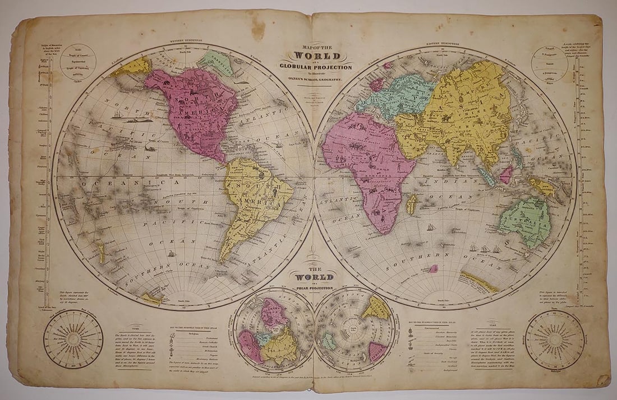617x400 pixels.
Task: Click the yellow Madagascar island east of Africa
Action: point(412,204)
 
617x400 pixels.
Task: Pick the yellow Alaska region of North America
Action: point(132,68)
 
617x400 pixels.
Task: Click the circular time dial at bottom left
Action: point(73,338)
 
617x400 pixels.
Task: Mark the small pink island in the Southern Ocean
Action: point(433,268)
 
